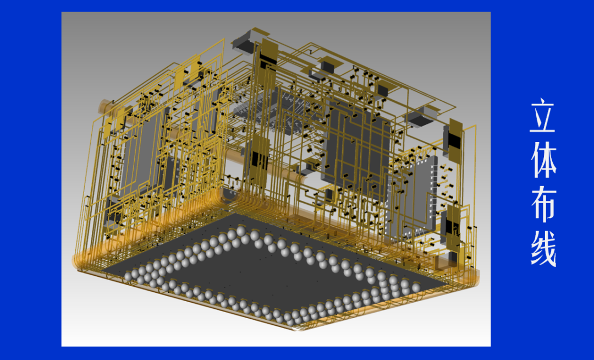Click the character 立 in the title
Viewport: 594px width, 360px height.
(543, 116)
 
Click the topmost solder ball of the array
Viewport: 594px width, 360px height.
(241, 231)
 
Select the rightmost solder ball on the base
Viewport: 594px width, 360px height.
(416, 287)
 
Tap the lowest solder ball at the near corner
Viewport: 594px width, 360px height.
(290, 320)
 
